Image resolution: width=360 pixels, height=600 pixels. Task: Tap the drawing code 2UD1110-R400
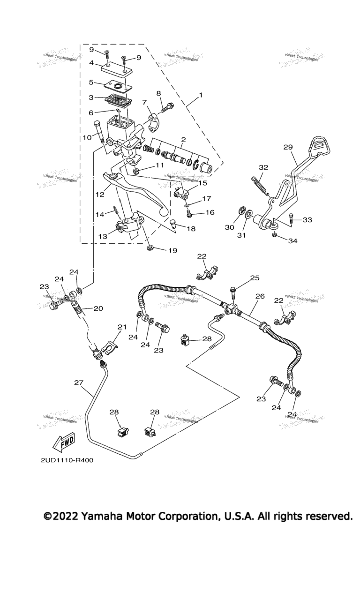click(x=67, y=460)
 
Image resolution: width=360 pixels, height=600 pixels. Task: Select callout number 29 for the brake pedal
click(x=287, y=147)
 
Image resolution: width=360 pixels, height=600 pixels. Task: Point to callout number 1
click(x=201, y=95)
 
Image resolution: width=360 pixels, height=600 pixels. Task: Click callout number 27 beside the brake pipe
click(x=78, y=382)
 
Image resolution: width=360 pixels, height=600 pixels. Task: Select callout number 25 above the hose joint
click(x=255, y=278)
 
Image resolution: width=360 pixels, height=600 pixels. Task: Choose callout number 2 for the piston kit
click(x=183, y=140)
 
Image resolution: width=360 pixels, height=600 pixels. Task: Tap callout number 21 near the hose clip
click(x=122, y=327)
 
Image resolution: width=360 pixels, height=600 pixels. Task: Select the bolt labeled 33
click(x=291, y=217)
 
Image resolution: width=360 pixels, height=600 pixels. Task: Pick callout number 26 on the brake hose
click(x=260, y=296)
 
